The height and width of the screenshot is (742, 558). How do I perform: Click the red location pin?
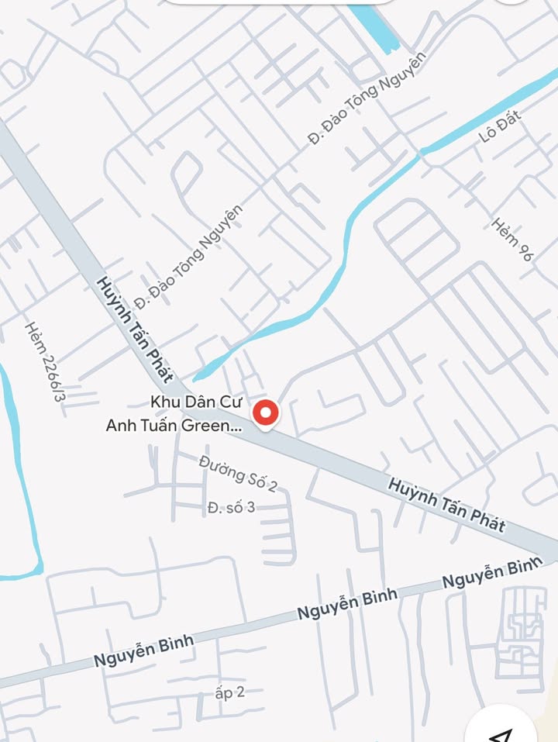tap(266, 412)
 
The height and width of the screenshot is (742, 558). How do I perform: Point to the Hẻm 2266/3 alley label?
tap(45, 362)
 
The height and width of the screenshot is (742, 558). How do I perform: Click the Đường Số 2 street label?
tap(238, 473)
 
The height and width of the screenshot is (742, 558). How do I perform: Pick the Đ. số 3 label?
tap(231, 508)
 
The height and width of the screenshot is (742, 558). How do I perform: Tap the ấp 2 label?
tap(229, 692)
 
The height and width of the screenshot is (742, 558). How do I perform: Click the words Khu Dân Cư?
tap(197, 402)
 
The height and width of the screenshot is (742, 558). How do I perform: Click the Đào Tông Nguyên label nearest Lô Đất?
tap(367, 98)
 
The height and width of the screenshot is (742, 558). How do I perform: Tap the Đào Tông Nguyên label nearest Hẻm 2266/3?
tap(188, 254)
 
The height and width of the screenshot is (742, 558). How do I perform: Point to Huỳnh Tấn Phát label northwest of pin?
tap(134, 329)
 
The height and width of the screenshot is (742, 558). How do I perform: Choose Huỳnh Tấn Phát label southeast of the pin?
tap(446, 506)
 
